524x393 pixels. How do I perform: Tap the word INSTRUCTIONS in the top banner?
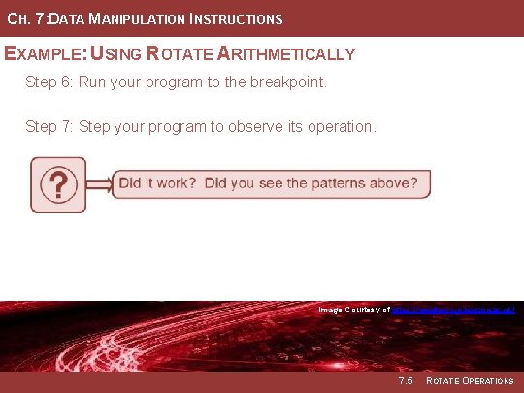(x=239, y=19)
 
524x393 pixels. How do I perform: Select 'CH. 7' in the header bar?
(x=22, y=19)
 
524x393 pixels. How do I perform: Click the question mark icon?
(x=58, y=183)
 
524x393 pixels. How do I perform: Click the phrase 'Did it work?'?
(x=158, y=182)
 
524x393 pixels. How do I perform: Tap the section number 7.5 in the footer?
(x=405, y=381)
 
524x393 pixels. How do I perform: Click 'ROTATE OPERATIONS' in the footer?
(x=471, y=381)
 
